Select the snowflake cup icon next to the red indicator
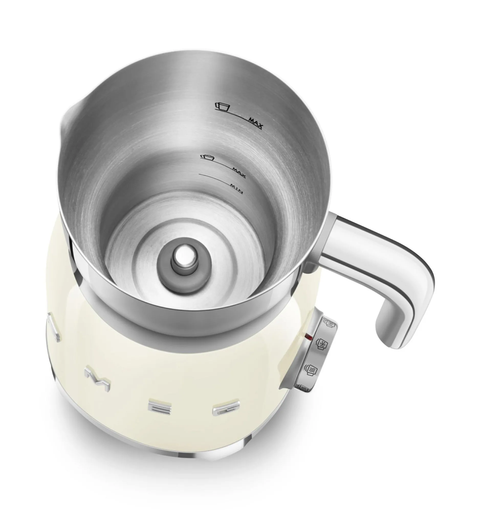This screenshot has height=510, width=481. pyautogui.click(x=321, y=345)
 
